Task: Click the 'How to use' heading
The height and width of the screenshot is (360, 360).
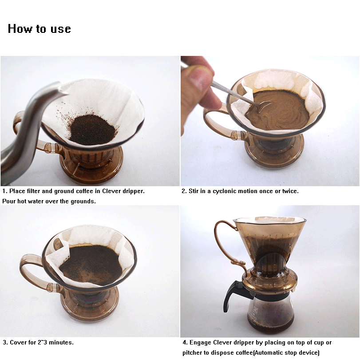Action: (39, 29)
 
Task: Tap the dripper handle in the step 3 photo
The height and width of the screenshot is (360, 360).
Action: (36, 271)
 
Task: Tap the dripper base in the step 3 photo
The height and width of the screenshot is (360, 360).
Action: (91, 306)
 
